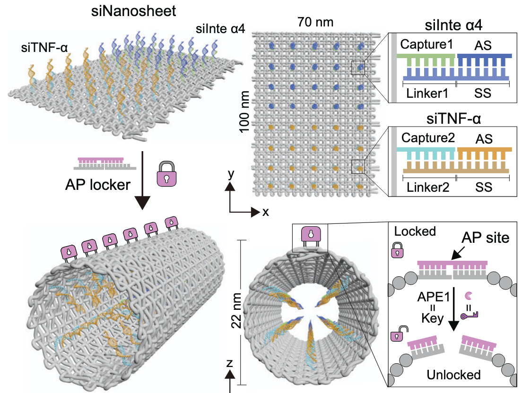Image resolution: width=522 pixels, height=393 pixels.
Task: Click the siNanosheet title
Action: (133, 10)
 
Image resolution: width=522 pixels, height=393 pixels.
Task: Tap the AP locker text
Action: (97, 185)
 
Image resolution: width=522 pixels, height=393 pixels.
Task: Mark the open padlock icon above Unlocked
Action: (397, 336)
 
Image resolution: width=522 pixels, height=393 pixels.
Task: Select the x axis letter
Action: (266, 212)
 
